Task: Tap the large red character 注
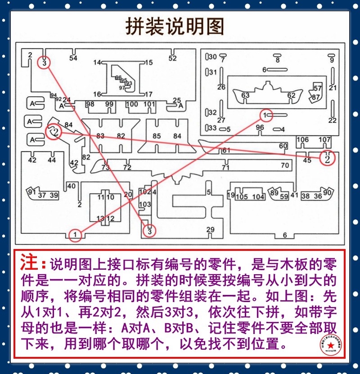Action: (x=28, y=262)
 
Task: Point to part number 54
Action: (x=73, y=58)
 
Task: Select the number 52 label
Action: (x=173, y=58)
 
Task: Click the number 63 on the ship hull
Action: (x=245, y=95)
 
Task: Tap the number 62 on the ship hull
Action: (x=292, y=95)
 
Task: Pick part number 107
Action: (x=325, y=140)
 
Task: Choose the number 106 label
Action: (x=302, y=140)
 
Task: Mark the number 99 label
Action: (x=109, y=105)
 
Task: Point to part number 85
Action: (x=157, y=136)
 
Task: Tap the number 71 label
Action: (x=226, y=167)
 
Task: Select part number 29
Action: (x=210, y=230)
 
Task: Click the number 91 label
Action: (x=31, y=192)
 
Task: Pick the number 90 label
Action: (x=328, y=193)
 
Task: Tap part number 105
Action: (x=242, y=197)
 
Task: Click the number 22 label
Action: (x=333, y=120)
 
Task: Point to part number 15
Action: (x=148, y=62)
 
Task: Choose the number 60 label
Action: (x=283, y=146)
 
